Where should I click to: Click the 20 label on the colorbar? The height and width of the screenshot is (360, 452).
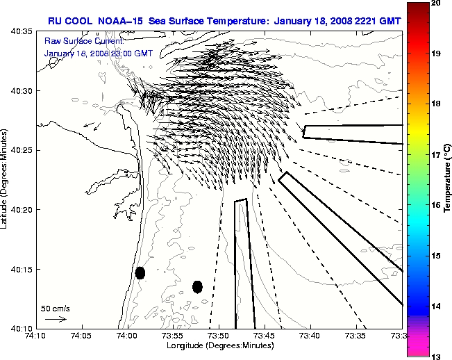(435, 3)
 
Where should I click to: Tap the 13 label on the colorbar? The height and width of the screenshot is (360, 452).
(435, 356)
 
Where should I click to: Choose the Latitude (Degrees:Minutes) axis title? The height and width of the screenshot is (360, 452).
(5, 179)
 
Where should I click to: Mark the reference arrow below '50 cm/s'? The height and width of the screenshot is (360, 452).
(56, 319)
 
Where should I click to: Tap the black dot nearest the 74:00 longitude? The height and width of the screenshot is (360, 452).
(140, 272)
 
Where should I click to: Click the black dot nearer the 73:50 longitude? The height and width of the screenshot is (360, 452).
(197, 286)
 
